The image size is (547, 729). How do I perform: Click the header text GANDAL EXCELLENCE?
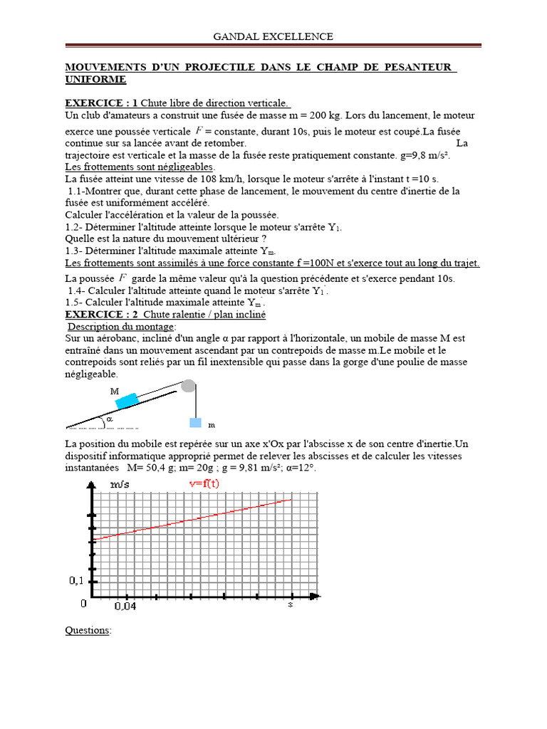tap(273, 36)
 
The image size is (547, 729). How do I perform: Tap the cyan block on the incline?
tap(127, 401)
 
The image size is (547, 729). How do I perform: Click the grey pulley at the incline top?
tap(188, 386)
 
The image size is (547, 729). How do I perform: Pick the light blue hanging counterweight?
tap(195, 422)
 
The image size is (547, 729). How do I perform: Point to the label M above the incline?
tap(115, 392)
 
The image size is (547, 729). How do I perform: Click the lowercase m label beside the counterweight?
tap(212, 425)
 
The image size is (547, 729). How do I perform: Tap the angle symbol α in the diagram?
tap(110, 420)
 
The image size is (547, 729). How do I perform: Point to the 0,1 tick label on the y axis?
tap(76, 580)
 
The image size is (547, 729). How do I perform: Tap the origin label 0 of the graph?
tap(83, 604)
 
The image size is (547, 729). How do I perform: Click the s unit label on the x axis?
tap(291, 604)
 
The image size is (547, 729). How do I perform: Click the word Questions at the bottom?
tap(88, 631)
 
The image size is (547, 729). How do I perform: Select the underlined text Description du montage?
tap(120, 326)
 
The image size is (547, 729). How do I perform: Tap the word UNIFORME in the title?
tap(95, 79)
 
